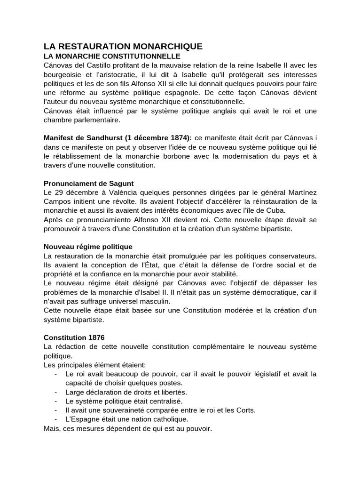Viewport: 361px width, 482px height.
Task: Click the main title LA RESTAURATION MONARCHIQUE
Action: tap(123, 46)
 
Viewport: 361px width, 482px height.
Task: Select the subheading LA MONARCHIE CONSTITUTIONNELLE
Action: tap(112, 56)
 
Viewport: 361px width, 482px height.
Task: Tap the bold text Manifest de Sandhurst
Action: tap(83, 137)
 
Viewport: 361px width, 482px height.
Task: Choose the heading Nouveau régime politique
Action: tap(88, 246)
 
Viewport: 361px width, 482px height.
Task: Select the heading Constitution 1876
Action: tap(74, 337)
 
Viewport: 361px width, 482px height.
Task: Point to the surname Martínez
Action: tap(301, 192)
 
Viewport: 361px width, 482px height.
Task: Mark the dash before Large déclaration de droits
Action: tap(56, 392)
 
